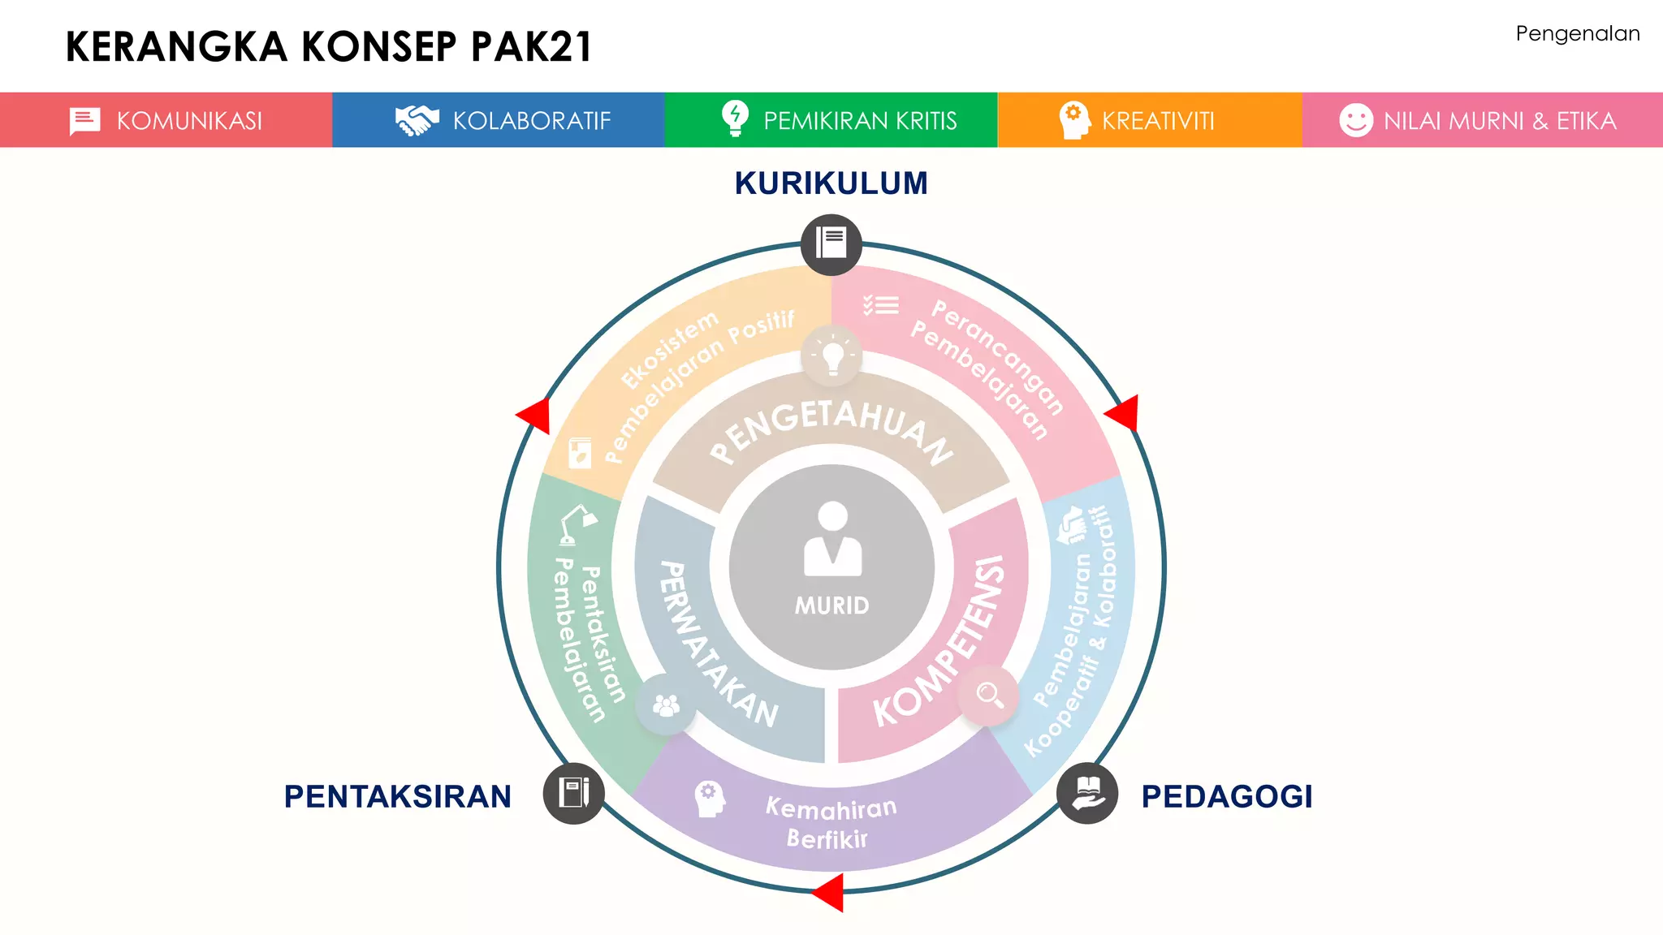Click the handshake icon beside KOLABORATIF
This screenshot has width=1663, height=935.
click(417, 120)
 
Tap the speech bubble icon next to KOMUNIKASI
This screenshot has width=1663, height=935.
click(84, 121)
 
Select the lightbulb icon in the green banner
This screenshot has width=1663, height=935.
click(735, 118)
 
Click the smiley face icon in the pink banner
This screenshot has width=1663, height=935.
click(1355, 120)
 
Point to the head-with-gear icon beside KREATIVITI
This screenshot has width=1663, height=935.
click(1073, 120)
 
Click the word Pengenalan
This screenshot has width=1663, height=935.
click(1577, 34)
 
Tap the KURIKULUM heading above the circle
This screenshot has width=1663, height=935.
click(831, 183)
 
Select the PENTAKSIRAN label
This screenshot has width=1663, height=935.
click(397, 796)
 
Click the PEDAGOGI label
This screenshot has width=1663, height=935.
click(1226, 796)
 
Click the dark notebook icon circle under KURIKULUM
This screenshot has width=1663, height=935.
click(831, 243)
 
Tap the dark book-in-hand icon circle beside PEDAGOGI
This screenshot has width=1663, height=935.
click(1086, 793)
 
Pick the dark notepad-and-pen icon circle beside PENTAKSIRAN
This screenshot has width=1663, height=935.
click(573, 793)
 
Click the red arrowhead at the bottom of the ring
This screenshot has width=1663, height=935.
click(829, 892)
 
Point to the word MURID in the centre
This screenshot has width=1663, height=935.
click(831, 605)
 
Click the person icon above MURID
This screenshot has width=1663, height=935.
click(832, 539)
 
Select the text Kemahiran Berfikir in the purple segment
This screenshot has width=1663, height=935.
click(830, 822)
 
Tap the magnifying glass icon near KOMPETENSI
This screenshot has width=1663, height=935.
click(989, 694)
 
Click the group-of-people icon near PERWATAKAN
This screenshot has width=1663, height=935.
click(666, 704)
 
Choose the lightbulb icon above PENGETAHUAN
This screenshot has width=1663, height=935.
click(831, 355)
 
